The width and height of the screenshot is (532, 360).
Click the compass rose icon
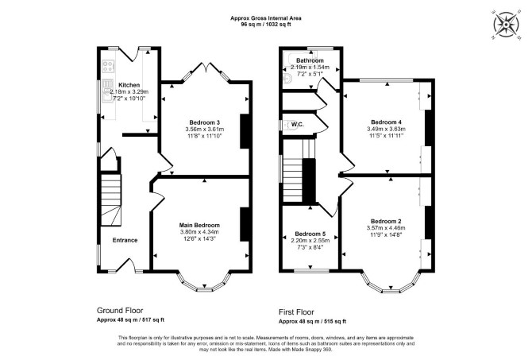[506, 25]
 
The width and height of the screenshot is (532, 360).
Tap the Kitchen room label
[129, 85]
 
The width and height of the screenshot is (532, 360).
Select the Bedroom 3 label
[205, 122]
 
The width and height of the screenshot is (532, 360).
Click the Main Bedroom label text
[199, 225]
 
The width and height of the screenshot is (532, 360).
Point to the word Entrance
[125, 240]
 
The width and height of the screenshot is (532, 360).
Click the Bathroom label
[310, 60]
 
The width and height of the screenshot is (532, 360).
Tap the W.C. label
[298, 125]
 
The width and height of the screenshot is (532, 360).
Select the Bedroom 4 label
[386, 122]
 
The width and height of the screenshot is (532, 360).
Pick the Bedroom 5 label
[310, 234]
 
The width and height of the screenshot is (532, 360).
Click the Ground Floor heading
[120, 311]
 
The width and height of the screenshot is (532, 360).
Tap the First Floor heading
[296, 312]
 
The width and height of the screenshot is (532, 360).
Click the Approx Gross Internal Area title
[266, 18]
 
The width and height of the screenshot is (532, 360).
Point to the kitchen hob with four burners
[109, 66]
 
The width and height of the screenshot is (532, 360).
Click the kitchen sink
[107, 90]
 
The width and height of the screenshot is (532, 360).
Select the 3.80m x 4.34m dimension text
[199, 232]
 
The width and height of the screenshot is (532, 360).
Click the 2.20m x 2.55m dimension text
[310, 241]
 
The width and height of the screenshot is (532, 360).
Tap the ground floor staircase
[110, 199]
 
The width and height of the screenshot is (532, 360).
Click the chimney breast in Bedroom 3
[245, 131]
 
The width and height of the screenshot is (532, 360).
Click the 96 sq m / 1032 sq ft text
[266, 25]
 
